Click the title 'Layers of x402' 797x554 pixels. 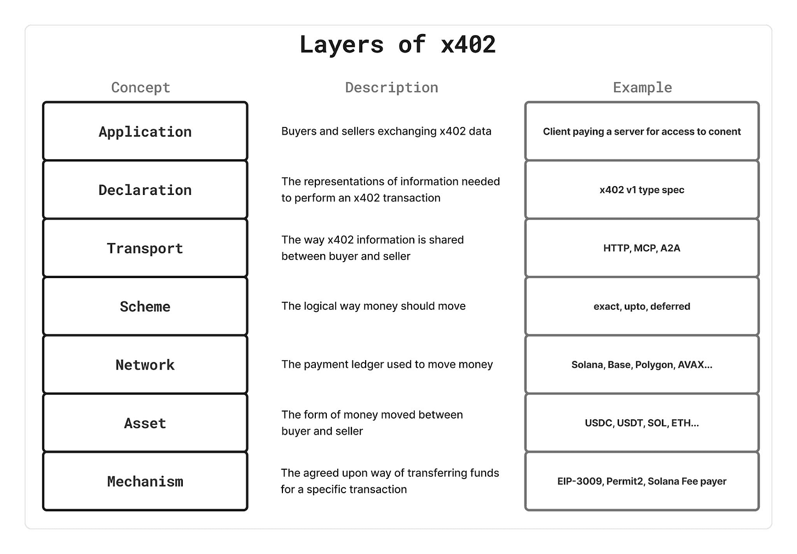397,44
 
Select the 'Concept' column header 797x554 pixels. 141,88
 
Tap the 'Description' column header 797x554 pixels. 391,88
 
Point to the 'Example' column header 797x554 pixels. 642,88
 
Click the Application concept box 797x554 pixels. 145,131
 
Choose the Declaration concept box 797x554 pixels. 145,190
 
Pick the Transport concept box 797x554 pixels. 145,248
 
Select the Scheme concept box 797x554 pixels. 145,307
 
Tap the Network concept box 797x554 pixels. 145,365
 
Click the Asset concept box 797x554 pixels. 145,423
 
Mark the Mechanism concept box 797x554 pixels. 145,481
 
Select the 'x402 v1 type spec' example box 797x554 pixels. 642,190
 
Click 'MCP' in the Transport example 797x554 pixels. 645,248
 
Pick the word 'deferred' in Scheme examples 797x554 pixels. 670,307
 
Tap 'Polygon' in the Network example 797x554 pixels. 654,365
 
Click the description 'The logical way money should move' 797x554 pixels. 373,306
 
